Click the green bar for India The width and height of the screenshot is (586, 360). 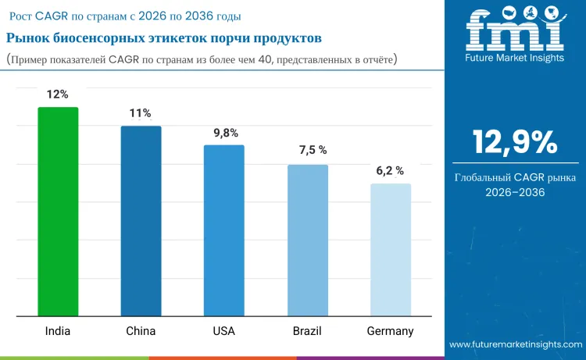point(58,212)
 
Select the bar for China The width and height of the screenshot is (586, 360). point(141,221)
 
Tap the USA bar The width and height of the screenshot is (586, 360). point(223,230)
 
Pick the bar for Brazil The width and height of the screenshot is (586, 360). point(307,241)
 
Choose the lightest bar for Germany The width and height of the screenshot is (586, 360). point(390,250)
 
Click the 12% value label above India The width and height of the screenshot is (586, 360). point(58,94)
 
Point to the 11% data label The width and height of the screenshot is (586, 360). point(141,113)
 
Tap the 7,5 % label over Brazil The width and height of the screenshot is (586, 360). point(309,151)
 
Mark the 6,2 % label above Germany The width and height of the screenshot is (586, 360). point(389,170)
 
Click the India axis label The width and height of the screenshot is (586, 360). point(58,331)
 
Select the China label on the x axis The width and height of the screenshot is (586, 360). point(141,331)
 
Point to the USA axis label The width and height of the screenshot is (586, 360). point(223,331)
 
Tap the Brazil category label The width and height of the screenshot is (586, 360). point(307,331)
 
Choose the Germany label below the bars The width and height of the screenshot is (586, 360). point(390,331)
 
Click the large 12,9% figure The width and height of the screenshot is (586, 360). point(514,143)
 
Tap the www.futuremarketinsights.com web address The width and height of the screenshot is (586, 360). point(516,344)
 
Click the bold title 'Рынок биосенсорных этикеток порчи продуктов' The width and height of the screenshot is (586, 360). point(164,38)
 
